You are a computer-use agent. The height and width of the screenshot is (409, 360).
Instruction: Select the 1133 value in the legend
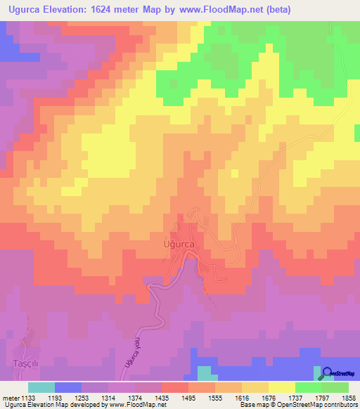click(x=28, y=397)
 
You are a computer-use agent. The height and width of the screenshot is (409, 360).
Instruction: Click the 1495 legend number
click(x=188, y=397)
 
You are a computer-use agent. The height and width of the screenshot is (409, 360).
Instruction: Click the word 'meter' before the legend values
click(x=10, y=397)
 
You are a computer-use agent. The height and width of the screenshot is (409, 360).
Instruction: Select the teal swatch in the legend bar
click(x=41, y=387)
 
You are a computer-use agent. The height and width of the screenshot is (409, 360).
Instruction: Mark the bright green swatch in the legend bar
click(x=308, y=387)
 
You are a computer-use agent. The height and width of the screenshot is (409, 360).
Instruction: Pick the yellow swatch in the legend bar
click(x=281, y=387)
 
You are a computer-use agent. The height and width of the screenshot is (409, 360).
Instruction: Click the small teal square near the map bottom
click(x=203, y=372)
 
